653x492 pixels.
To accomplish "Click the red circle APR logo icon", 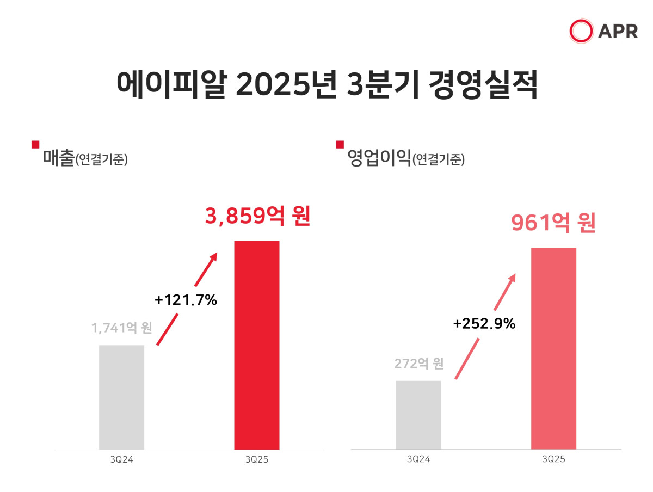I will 581,31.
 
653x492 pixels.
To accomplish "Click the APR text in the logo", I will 618,32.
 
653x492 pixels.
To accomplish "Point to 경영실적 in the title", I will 483,84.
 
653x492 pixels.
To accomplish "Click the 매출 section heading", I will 58,159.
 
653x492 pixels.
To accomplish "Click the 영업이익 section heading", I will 378,159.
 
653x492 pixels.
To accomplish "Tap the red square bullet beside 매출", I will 35,145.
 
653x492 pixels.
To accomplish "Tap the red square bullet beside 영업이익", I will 340,145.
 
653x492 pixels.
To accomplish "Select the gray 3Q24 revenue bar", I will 121,397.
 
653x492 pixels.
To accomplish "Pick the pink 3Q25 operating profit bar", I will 553,348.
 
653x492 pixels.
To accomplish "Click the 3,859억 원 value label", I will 257,216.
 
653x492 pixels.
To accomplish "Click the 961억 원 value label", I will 553,223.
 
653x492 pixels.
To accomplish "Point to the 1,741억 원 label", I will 121,328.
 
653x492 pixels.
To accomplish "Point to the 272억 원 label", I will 419,363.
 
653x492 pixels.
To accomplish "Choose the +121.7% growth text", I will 186,299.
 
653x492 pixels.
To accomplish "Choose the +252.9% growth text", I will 484,323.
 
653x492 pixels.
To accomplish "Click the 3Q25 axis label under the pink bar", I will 553,459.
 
